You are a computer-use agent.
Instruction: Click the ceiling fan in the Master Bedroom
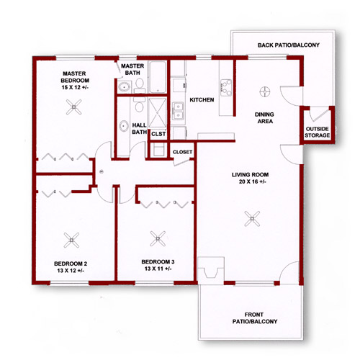[74, 107]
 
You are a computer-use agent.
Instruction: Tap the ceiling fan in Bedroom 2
[71, 240]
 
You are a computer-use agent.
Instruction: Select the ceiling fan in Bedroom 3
[158, 238]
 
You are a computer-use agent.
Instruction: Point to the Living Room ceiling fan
[252, 219]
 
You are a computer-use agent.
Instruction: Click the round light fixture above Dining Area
[265, 91]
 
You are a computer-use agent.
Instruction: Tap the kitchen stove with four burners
[226, 88]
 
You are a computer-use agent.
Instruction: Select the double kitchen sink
[179, 111]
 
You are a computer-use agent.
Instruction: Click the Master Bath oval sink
[124, 87]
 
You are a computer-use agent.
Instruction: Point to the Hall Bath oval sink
[124, 125]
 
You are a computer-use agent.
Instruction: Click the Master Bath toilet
[139, 86]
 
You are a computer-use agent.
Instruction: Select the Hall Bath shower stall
[157, 112]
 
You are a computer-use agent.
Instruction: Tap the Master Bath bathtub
[158, 77]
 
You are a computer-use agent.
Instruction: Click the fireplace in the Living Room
[211, 271]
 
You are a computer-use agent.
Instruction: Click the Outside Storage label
[317, 132]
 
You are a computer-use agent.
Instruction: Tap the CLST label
[158, 134]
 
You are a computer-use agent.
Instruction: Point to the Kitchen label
[202, 100]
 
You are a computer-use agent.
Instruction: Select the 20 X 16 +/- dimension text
[252, 181]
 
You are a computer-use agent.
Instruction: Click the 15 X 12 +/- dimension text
[75, 87]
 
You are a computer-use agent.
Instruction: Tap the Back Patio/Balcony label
[289, 45]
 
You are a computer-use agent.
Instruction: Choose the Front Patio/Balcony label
[255, 318]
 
